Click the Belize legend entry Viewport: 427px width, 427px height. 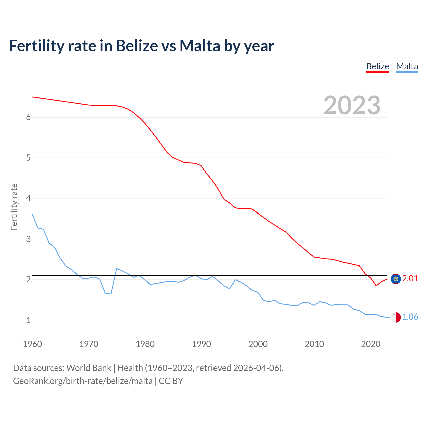pyautogui.click(x=377, y=66)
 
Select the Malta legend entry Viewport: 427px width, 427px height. pyautogui.click(x=407, y=66)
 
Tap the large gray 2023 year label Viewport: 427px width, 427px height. pyautogui.click(x=352, y=105)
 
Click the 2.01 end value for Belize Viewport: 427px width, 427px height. pyautogui.click(x=410, y=278)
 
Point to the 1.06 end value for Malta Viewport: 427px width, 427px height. pyautogui.click(x=410, y=317)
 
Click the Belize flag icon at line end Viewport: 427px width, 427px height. pyautogui.click(x=396, y=279)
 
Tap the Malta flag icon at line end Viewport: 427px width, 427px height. pyautogui.click(x=396, y=317)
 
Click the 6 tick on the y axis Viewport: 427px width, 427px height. pyautogui.click(x=28, y=117)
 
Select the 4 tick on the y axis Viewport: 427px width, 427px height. pyautogui.click(x=28, y=198)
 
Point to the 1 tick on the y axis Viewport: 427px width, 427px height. pyautogui.click(x=28, y=320)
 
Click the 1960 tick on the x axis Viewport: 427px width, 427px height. pyautogui.click(x=32, y=344)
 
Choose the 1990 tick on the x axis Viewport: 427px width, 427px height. pyautogui.click(x=201, y=344)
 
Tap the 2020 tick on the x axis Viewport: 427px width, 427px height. pyautogui.click(x=371, y=344)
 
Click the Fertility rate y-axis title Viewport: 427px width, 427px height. pyautogui.click(x=14, y=207)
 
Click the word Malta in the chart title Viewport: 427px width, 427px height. pyautogui.click(x=200, y=46)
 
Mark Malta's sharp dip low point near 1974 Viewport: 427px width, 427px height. pyautogui.click(x=111, y=294)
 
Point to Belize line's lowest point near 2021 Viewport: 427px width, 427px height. pyautogui.click(x=376, y=286)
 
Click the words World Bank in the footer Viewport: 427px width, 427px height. pyautogui.click(x=89, y=368)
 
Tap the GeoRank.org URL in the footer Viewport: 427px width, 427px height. pyautogui.click(x=83, y=381)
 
